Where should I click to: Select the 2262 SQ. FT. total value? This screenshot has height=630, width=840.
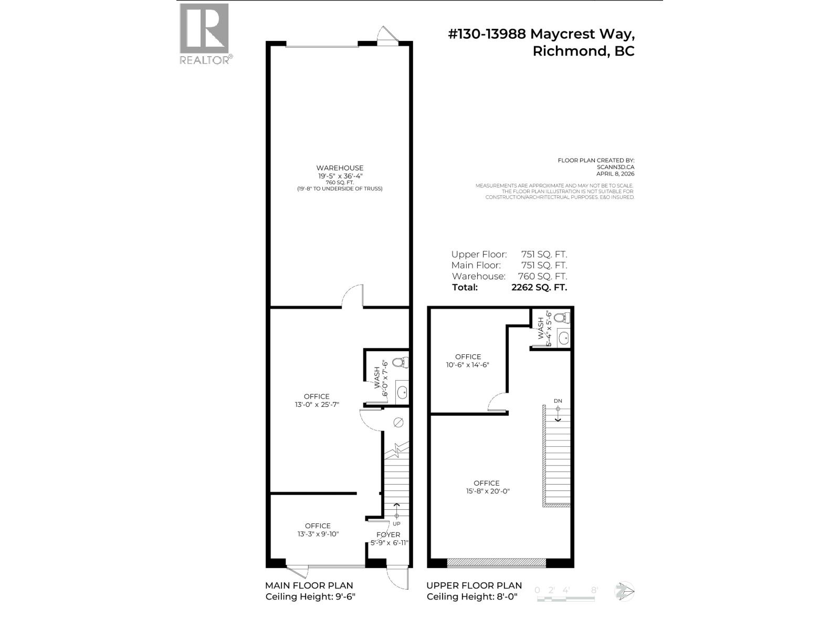[539, 287]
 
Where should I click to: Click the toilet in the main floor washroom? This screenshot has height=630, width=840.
[402, 363]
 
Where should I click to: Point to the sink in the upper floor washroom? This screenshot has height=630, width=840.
[563, 338]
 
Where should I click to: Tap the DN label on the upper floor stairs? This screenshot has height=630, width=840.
[558, 401]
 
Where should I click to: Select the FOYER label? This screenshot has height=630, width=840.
[388, 534]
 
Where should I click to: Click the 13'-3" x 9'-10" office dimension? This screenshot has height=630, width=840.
[318, 534]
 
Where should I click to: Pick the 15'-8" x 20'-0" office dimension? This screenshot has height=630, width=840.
[486, 491]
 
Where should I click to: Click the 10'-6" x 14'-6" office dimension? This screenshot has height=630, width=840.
[467, 365]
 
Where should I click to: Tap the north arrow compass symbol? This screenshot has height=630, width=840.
[625, 592]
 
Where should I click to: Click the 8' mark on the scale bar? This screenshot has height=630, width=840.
[594, 590]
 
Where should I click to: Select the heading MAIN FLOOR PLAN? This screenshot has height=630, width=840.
[309, 585]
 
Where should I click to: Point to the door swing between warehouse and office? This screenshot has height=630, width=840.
[352, 297]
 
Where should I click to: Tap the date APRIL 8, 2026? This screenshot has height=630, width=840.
[615, 174]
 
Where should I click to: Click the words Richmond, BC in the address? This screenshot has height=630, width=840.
[583, 51]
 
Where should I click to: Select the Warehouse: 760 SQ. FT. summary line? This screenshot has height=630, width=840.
[509, 276]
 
